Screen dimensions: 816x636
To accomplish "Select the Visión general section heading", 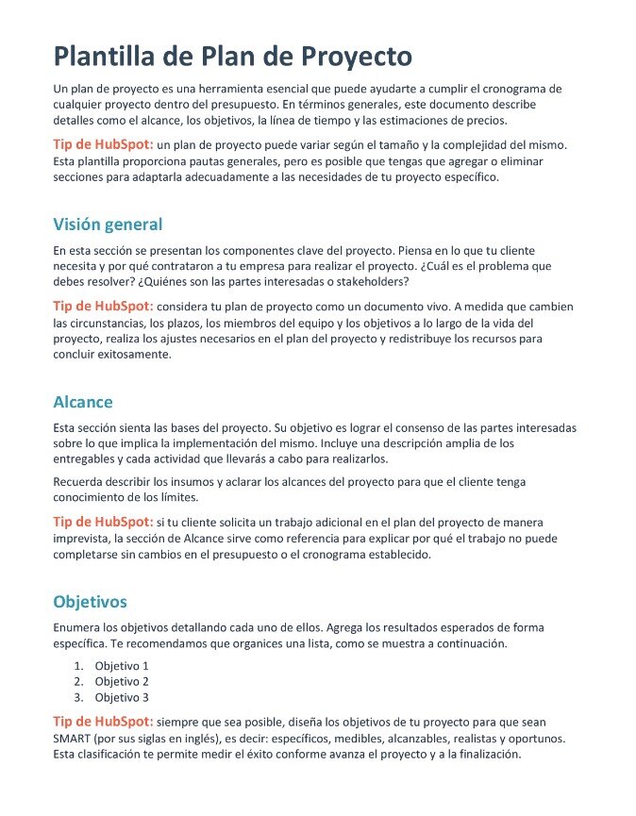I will pos(108,225).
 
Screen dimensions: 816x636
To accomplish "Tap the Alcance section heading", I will pos(83,402).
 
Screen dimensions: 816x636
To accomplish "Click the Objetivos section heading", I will pos(90,602).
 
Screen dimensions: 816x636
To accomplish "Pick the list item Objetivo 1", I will pos(122,665).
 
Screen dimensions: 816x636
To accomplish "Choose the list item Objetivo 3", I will pos(122,698).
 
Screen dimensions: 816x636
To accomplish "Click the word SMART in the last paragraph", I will pos(73,739).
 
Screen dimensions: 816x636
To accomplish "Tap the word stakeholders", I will pos(367,282).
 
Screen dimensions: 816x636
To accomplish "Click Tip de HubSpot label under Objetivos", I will pos(103,722).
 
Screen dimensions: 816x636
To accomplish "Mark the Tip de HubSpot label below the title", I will pos(103,144).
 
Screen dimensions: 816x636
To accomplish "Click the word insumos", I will pos(212,482).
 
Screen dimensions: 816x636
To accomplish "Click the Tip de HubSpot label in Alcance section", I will pos(103,522).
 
